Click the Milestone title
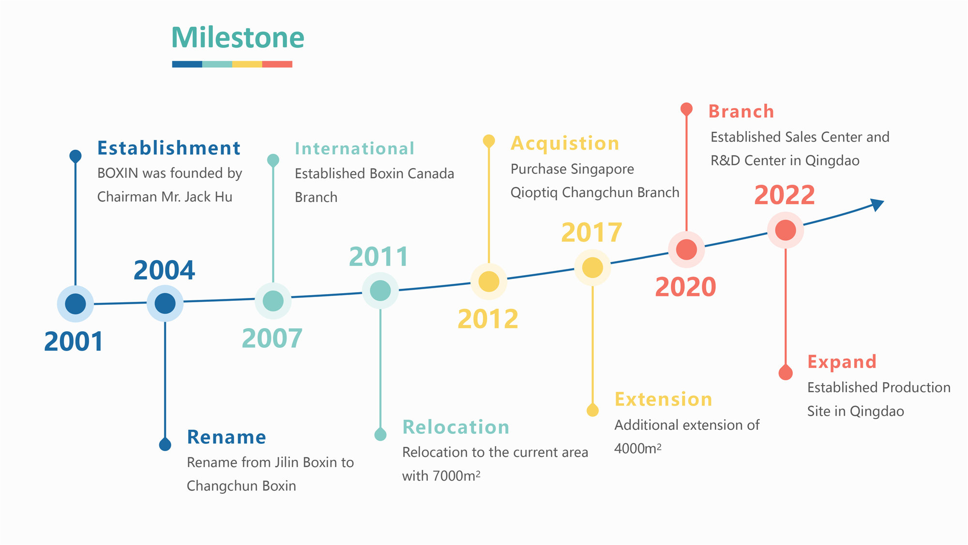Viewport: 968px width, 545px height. (x=238, y=37)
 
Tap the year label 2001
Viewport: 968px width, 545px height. (x=74, y=342)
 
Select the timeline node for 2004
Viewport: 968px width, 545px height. (x=165, y=303)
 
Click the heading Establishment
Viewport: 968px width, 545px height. (x=168, y=148)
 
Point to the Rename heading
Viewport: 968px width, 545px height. (x=227, y=437)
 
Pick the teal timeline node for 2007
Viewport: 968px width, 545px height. (x=273, y=301)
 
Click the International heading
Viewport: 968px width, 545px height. (x=354, y=148)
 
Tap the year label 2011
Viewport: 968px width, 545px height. (x=378, y=257)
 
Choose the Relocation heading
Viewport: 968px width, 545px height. (x=456, y=427)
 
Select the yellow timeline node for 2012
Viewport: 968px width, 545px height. (x=489, y=281)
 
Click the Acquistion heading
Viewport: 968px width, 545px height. (x=565, y=143)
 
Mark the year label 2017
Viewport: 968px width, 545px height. (x=591, y=233)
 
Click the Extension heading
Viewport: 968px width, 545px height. (x=663, y=399)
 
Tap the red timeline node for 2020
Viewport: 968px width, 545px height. (x=686, y=249)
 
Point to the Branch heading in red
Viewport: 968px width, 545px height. (x=741, y=111)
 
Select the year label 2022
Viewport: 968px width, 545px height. (x=785, y=195)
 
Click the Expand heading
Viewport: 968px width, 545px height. (x=842, y=362)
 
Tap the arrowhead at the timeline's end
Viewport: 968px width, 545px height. (x=877, y=204)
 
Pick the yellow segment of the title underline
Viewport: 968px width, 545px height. (x=247, y=64)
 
